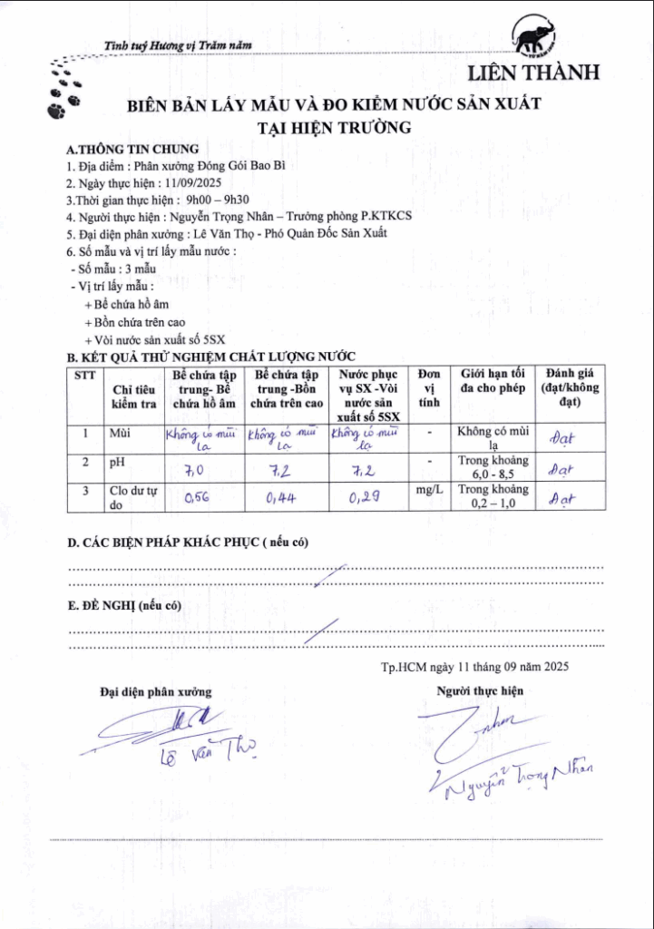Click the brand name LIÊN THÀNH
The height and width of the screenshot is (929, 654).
532,73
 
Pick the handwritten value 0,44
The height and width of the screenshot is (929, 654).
278,498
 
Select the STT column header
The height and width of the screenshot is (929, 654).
85,375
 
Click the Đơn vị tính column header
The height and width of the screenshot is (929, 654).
429,387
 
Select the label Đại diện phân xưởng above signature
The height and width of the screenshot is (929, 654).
155,692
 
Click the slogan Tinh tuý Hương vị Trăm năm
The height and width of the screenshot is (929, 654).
178,45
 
